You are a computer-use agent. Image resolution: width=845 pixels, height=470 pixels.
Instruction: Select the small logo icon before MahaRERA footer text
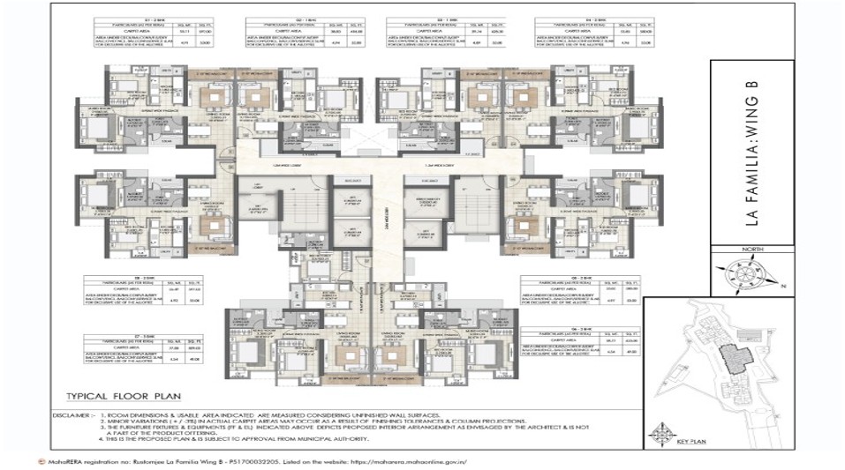32,461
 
